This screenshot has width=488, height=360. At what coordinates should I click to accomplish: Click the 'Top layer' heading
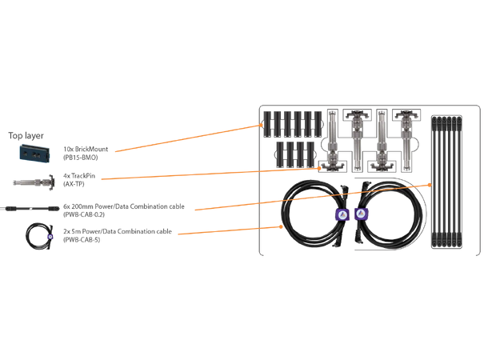26,135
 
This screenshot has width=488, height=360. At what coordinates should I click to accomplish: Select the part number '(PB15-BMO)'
79,158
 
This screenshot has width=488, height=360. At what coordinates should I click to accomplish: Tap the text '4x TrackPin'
80,176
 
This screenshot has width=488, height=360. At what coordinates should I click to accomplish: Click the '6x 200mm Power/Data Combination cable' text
123,206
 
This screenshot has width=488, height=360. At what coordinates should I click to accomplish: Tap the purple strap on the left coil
342,214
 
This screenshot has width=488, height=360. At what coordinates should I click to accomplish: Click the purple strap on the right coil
361,214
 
